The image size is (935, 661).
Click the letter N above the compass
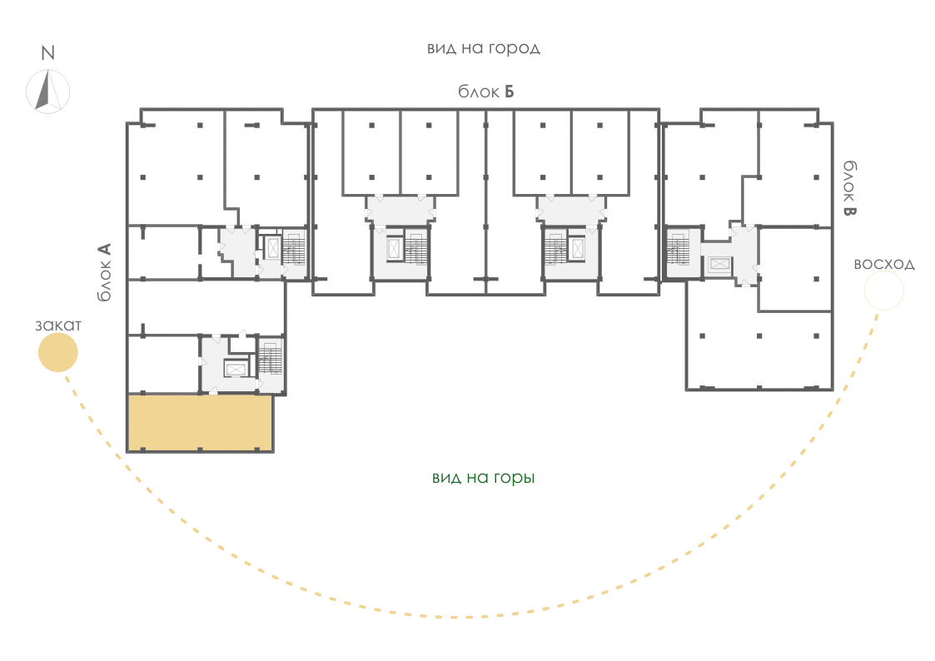(47, 53)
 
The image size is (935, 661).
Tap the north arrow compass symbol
(47, 92)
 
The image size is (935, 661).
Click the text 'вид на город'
(484, 48)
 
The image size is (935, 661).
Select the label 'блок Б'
(486, 92)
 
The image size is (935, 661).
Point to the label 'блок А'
(104, 271)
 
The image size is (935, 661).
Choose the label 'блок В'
(849, 188)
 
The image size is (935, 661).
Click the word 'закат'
(57, 326)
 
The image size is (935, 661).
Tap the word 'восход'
(884, 264)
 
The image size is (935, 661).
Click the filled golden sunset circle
(57, 352)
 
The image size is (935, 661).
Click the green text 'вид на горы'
(484, 478)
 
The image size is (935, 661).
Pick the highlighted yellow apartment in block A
(201, 423)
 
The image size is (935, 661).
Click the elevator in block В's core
(719, 264)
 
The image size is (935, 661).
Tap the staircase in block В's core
(678, 248)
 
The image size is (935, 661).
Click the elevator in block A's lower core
(235, 370)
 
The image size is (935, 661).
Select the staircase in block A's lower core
(271, 358)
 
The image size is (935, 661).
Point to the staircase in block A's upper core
(294, 248)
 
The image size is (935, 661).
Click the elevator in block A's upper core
(273, 248)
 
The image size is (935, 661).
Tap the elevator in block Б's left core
(394, 248)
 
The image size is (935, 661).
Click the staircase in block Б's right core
(555, 248)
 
